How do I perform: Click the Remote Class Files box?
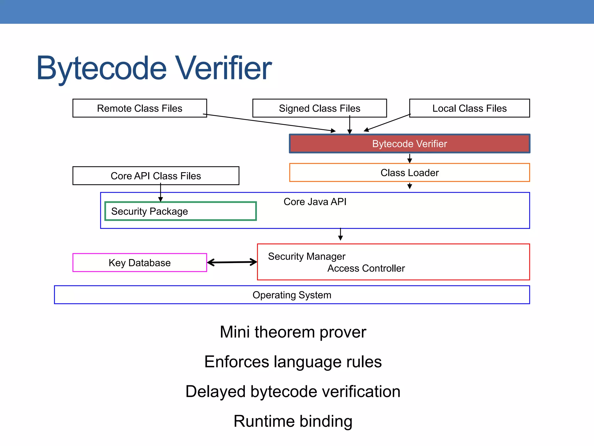(140, 108)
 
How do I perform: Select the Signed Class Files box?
(319, 108)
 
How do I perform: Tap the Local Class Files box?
(469, 108)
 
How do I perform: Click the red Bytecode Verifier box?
(410, 144)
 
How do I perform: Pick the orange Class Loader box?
(410, 173)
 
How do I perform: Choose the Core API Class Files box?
(156, 176)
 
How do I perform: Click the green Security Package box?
(180, 211)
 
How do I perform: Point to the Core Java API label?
(315, 202)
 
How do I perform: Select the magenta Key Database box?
(140, 263)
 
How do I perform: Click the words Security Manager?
(307, 256)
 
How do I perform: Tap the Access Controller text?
(366, 268)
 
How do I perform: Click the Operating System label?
(292, 295)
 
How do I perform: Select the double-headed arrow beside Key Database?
(232, 262)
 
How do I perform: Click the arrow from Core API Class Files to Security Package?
(160, 193)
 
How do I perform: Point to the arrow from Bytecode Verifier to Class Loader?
(410, 158)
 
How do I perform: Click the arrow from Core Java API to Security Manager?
(341, 234)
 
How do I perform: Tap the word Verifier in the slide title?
(224, 68)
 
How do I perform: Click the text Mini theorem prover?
(293, 332)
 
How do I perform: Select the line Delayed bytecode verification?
(293, 391)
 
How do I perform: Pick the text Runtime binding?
(293, 421)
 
